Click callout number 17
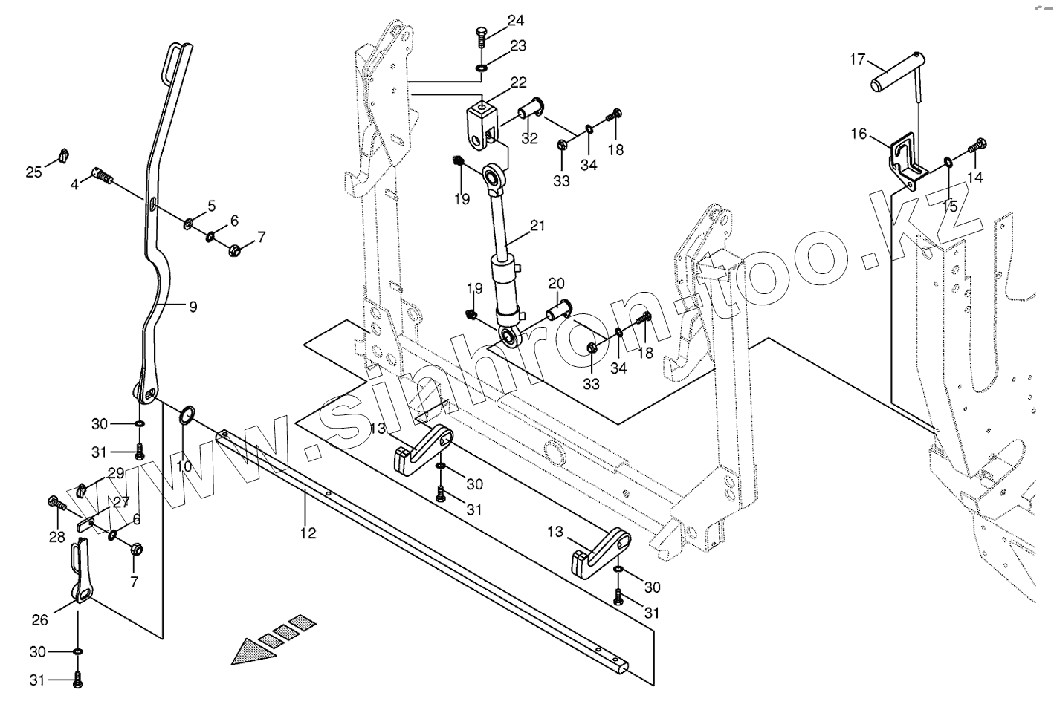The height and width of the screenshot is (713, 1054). tap(858, 59)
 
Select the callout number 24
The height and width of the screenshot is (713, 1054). tap(516, 21)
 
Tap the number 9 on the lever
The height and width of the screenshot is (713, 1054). tap(193, 306)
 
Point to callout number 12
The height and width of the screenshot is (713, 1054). tap(308, 533)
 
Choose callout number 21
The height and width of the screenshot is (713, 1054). tap(537, 225)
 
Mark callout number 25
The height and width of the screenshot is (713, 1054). tap(34, 172)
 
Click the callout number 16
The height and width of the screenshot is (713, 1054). tap(859, 134)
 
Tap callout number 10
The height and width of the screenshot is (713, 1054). tap(184, 466)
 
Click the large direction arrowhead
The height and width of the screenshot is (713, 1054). tap(250, 651)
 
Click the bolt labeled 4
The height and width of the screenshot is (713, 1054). tap(103, 175)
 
